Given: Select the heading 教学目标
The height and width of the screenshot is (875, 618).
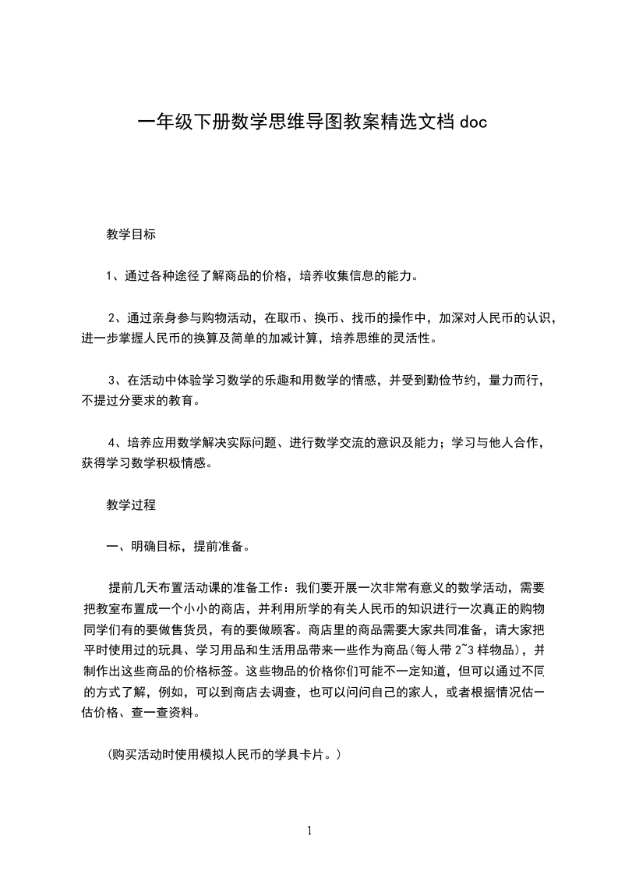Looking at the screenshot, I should pos(131,233).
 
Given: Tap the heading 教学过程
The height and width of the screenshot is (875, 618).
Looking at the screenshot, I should pos(131,505).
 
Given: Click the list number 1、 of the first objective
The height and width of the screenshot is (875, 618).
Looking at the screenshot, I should pos(113,275).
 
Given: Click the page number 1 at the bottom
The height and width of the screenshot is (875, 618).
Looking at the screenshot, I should pos(309,831).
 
